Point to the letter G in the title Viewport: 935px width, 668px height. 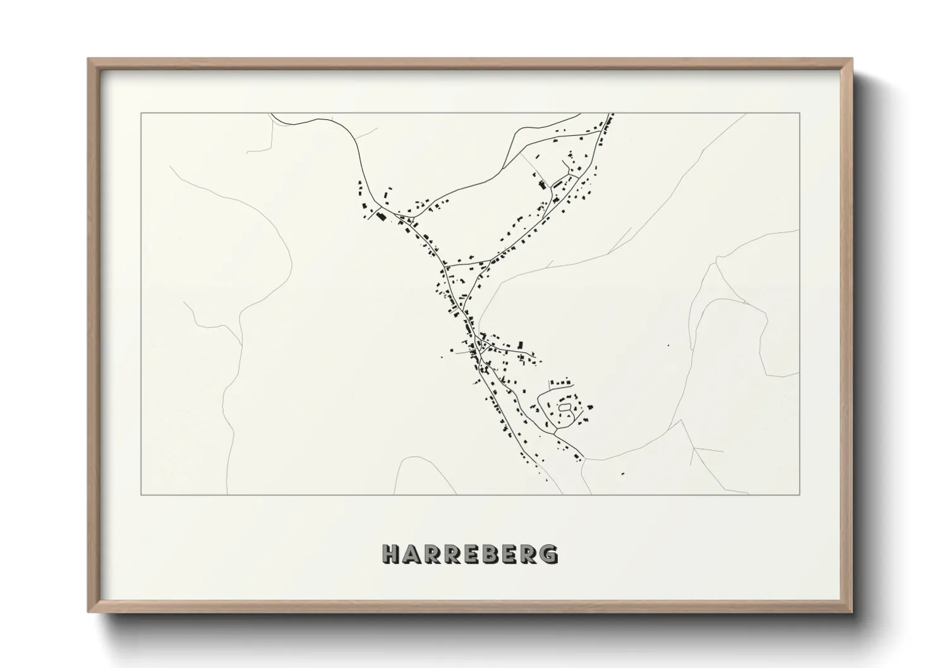[x=549, y=554]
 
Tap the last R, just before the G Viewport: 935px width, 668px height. [x=529, y=554]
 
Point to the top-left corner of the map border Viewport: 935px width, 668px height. [x=141, y=114]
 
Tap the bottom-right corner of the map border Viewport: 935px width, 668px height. [x=800, y=494]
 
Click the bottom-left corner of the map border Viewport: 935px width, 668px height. [x=141, y=494]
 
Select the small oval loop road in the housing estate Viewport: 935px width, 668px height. [x=565, y=409]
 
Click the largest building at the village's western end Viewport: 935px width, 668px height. [x=381, y=217]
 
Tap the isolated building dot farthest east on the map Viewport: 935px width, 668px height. [x=668, y=345]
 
